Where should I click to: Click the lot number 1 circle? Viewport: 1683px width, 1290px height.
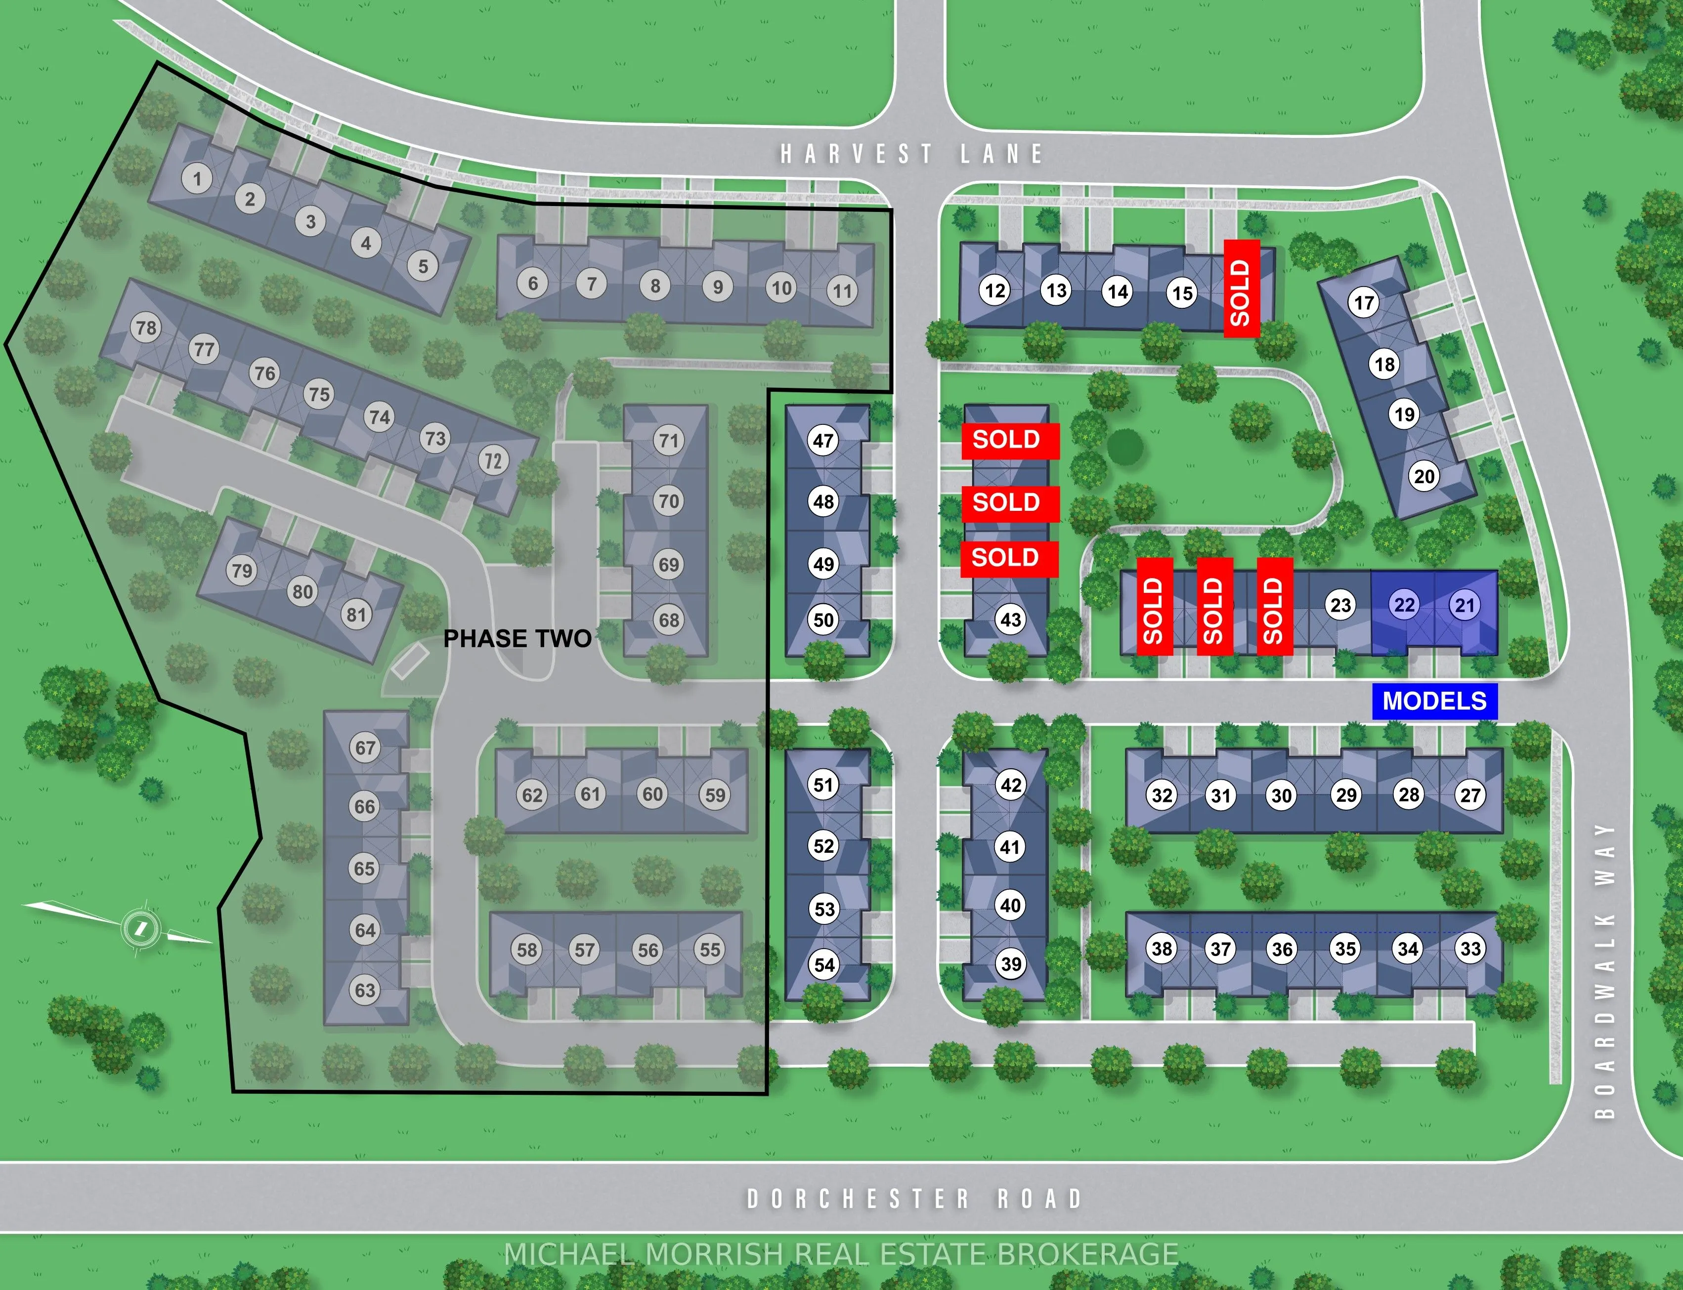coord(197,179)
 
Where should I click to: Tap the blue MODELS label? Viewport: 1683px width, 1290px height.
coord(1434,701)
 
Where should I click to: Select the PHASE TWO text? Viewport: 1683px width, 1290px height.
coord(517,639)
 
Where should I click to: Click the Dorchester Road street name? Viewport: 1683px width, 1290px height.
coord(914,1199)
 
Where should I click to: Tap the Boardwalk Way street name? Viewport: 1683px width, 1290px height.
coord(1604,971)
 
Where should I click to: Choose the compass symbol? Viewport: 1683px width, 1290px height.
coord(140,927)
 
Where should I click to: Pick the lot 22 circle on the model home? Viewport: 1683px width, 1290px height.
coord(1404,605)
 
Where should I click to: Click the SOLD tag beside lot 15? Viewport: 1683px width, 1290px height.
coord(1241,289)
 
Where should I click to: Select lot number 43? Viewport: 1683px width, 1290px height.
coord(1010,620)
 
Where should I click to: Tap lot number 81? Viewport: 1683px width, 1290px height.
coord(356,614)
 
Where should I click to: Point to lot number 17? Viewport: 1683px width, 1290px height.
coord(1364,302)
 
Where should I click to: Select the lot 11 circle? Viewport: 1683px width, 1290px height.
coord(843,291)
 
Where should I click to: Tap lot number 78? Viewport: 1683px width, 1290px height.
coord(146,328)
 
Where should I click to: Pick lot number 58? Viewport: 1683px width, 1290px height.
coord(527,950)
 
